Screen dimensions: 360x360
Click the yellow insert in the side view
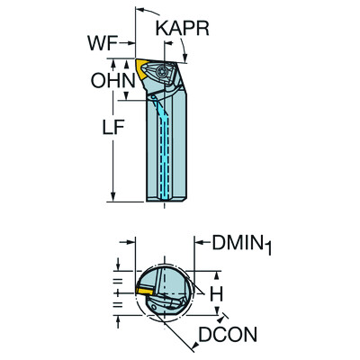point(147,67)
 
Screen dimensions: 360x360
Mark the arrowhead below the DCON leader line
point(211,318)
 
